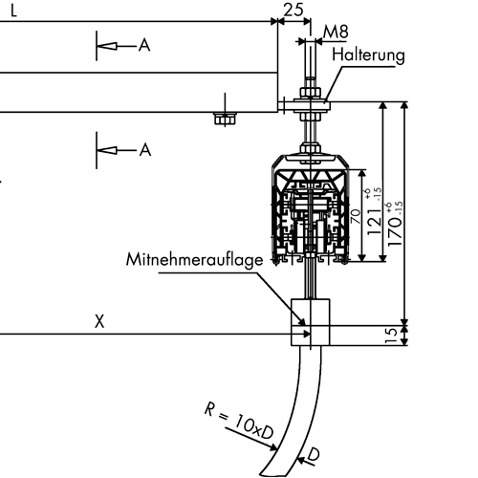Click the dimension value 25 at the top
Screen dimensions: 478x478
(x=293, y=10)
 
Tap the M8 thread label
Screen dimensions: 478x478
(x=336, y=32)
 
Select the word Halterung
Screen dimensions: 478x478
(x=368, y=55)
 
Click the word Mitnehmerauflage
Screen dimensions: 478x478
(x=195, y=260)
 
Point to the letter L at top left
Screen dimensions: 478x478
(x=13, y=11)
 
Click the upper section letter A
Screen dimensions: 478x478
(x=144, y=45)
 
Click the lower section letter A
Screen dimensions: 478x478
(x=145, y=149)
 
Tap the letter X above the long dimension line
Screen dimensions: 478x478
(x=99, y=321)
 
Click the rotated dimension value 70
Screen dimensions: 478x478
(x=356, y=216)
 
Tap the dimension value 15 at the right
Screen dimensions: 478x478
(x=392, y=336)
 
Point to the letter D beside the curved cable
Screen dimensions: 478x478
(x=314, y=455)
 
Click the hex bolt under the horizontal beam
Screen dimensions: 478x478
(x=226, y=119)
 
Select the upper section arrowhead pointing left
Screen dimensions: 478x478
(x=106, y=46)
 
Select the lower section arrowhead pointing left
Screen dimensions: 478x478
(x=106, y=150)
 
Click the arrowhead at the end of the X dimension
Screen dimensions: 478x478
(x=306, y=334)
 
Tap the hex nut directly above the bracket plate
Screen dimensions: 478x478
(x=310, y=93)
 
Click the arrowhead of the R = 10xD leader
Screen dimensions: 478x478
(x=273, y=448)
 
